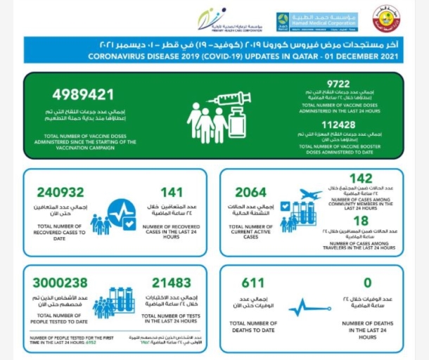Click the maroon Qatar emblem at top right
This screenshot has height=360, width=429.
click(386, 20)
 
